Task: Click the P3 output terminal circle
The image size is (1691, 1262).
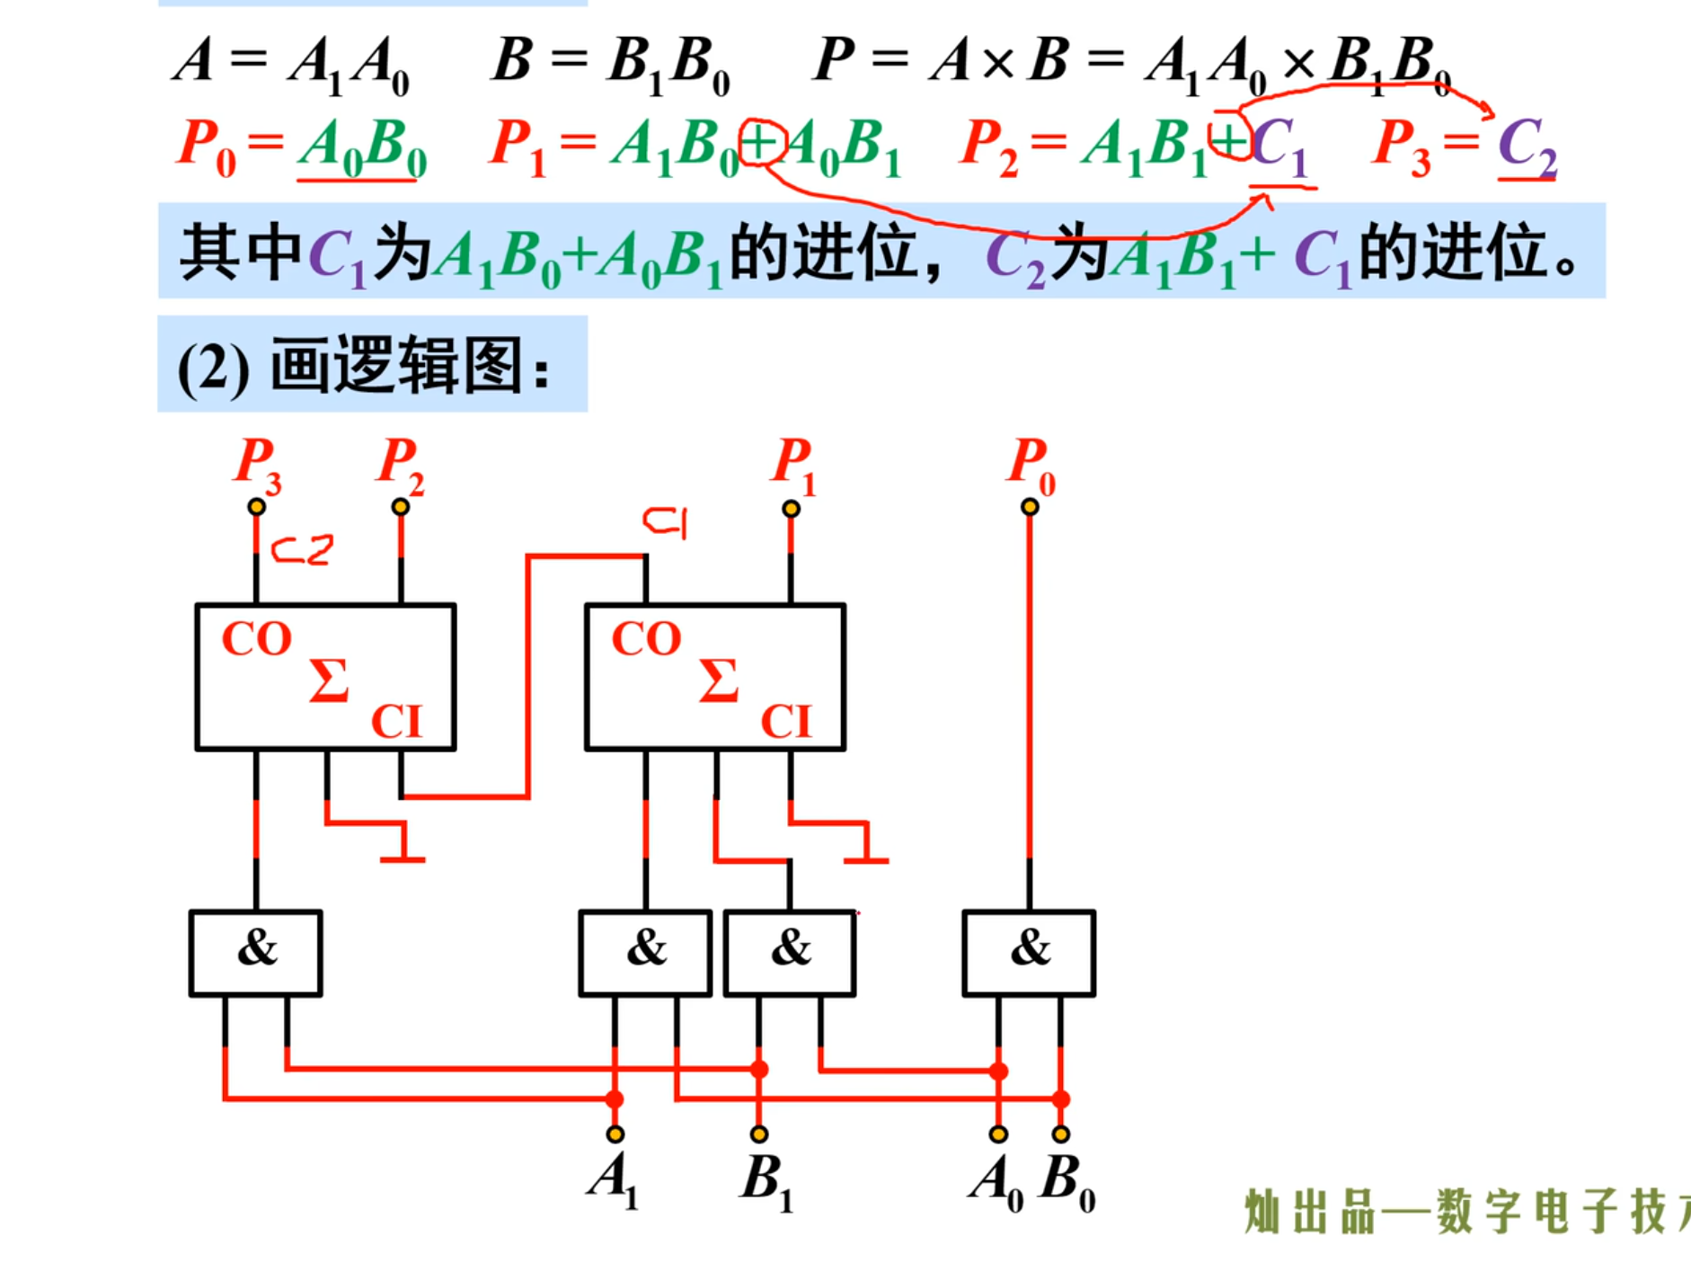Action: tap(257, 507)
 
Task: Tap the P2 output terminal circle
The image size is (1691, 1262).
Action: tap(401, 507)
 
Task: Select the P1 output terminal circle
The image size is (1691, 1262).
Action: tap(791, 509)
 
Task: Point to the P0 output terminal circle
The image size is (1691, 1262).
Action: tap(1030, 507)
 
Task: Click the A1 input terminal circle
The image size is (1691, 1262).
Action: tap(615, 1134)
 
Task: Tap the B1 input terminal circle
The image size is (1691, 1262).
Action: tap(759, 1134)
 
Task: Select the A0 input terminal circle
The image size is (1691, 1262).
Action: tap(998, 1134)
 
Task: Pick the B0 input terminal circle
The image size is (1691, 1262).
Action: tap(1061, 1134)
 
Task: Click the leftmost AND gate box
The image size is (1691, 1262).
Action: tap(256, 953)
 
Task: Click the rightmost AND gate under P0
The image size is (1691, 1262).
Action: tap(1029, 953)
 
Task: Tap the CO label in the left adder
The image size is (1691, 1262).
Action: tap(257, 640)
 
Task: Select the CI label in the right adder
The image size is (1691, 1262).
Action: tap(786, 721)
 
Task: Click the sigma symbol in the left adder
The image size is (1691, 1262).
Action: tap(328, 680)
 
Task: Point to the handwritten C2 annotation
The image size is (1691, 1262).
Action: tap(303, 549)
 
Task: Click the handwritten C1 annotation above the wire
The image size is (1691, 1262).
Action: tap(666, 521)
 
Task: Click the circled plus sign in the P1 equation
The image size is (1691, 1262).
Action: tap(762, 144)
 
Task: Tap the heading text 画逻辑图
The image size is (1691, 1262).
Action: tap(395, 367)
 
